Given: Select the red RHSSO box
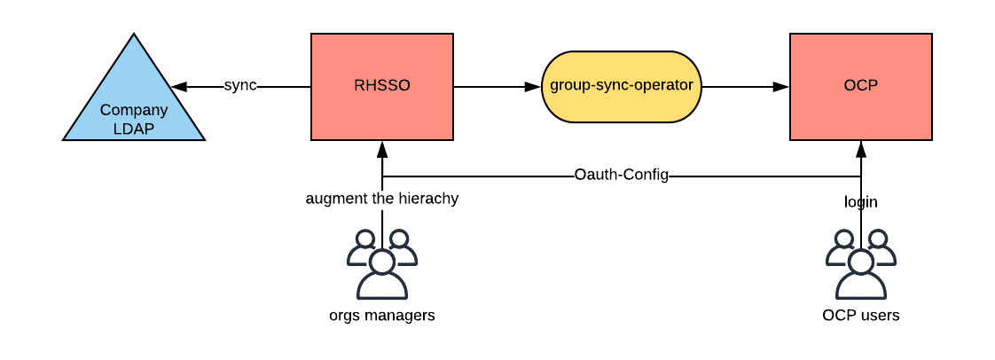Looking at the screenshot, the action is coord(382,86).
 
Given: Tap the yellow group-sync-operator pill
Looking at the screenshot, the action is coord(622,86).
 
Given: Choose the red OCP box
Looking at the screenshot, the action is coord(861,86).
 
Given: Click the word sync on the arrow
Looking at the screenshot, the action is coord(239,85).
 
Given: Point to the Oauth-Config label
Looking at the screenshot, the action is coord(622,175).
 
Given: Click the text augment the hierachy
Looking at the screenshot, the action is coord(382,198).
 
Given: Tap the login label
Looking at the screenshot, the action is coord(861,202).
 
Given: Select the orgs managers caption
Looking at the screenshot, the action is coord(382,315).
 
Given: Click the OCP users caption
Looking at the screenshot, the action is coord(861,315).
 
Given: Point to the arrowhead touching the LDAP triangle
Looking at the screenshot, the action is coord(179,86).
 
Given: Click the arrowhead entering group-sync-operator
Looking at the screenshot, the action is coord(533,86).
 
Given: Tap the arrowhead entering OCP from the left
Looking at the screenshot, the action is coord(781,86).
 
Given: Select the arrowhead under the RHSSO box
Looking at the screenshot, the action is coord(382,149).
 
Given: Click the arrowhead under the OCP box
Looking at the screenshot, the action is coord(861,149).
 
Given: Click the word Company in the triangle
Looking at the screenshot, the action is coord(134,111).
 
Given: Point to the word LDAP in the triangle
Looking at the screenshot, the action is coord(134,129).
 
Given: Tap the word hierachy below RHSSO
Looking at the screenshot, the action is coord(429,198).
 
